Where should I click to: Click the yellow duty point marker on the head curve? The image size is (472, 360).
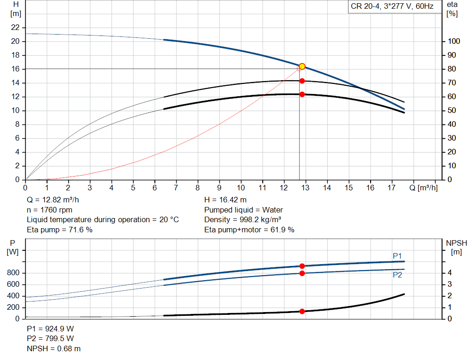point(302,66)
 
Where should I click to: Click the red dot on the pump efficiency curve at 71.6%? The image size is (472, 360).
point(302,81)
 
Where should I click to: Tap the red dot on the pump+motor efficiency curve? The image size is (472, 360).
point(302,94)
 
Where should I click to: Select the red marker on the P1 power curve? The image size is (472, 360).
point(302,266)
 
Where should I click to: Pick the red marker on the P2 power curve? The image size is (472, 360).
point(302,273)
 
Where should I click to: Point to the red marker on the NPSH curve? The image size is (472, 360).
point(302,311)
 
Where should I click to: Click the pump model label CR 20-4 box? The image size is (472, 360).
point(392,6)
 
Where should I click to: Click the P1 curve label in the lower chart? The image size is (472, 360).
point(397,256)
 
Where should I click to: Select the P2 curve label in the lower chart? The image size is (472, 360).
point(397,275)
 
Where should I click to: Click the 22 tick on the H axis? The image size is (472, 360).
point(16,28)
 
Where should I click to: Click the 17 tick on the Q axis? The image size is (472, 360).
point(392,188)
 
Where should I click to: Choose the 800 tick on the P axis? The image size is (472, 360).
point(13,273)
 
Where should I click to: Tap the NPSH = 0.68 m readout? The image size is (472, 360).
point(53,349)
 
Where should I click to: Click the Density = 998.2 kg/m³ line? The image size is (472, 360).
point(243,220)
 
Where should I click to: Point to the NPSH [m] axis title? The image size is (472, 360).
point(456,247)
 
